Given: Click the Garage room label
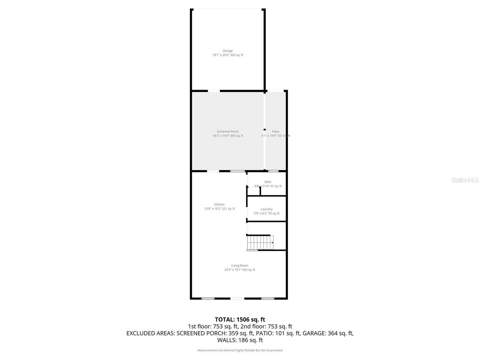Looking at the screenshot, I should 228,51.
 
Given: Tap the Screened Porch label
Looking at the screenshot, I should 228,132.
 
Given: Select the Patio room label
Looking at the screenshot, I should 276,132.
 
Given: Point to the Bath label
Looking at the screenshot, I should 268,182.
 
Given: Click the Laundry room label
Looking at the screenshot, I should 267,209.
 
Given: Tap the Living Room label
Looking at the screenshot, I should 240,265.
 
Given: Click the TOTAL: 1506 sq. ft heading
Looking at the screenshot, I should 240,319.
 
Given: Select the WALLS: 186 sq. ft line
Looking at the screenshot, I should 240,340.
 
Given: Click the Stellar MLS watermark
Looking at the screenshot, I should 465,180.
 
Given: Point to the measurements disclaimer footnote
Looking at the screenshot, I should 240,350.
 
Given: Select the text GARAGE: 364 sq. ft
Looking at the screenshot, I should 328,333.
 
